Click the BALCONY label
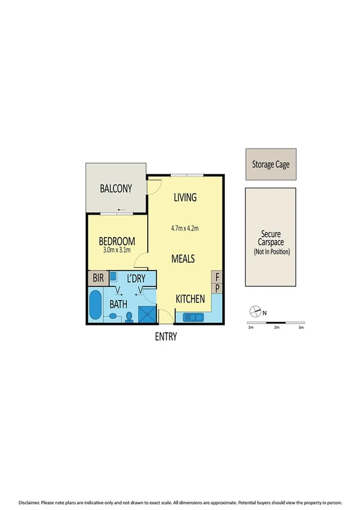(x=116, y=189)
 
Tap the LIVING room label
(x=186, y=197)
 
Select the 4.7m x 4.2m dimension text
(x=185, y=228)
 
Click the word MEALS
(x=183, y=259)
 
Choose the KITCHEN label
(x=191, y=299)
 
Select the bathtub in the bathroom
(x=96, y=306)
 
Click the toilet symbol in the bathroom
(x=129, y=317)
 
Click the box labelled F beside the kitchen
(x=218, y=277)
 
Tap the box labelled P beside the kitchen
(x=218, y=289)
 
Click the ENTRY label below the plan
(x=166, y=337)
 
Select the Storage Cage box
(x=270, y=164)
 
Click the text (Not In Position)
(x=271, y=252)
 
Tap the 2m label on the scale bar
(x=276, y=328)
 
